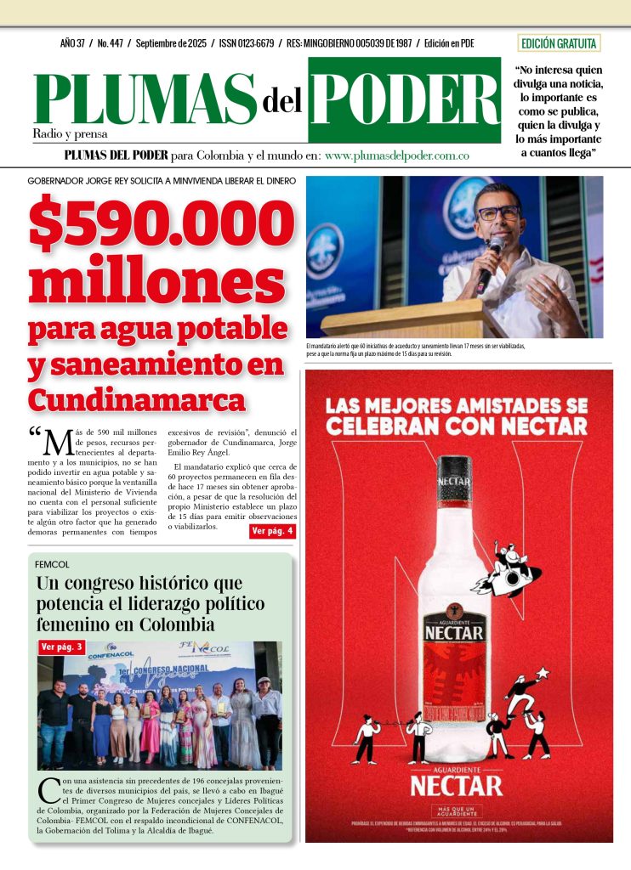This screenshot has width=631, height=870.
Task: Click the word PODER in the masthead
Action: point(405,99)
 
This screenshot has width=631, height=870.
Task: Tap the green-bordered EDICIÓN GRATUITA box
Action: point(559,43)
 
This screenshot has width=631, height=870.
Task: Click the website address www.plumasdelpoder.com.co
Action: point(397,156)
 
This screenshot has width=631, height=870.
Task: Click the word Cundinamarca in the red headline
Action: point(136,398)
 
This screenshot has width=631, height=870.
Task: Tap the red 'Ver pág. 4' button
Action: point(272,531)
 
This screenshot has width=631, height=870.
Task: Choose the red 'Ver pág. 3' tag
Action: point(62,647)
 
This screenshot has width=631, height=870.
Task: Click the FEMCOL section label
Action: point(52,564)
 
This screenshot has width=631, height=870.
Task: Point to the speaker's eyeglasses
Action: point(498,212)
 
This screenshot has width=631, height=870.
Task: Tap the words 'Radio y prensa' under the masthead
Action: point(71,133)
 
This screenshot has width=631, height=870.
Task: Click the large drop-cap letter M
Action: point(57,442)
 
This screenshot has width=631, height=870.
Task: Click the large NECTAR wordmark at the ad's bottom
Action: point(457,785)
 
